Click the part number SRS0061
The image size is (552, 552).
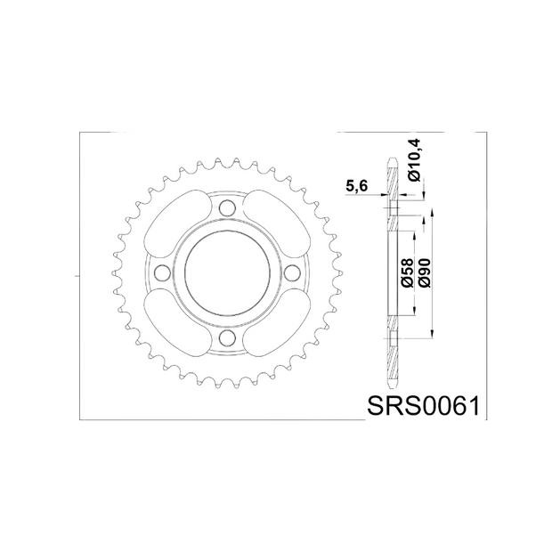[x=423, y=406]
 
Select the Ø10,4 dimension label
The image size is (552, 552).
[x=415, y=160]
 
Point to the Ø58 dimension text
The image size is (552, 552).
[x=407, y=272]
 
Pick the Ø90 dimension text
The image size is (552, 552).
[x=425, y=272]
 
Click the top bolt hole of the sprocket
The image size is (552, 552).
[x=227, y=208]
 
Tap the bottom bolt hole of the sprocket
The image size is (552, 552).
[x=227, y=337]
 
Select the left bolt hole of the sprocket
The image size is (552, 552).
[x=162, y=272]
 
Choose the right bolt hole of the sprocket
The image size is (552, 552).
[x=292, y=272]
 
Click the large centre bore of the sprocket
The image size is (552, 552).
[x=227, y=272]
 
